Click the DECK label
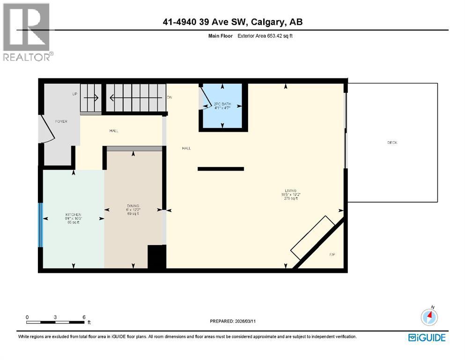tap(392, 142)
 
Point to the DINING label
tap(133, 206)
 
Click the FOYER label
tap(61, 121)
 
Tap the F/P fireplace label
tap(332, 255)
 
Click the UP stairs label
tap(74, 94)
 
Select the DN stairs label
tap(170, 97)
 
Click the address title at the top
tap(232, 22)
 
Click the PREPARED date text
tap(232, 321)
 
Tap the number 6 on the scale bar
tap(84, 317)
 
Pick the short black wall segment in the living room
tap(221, 169)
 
